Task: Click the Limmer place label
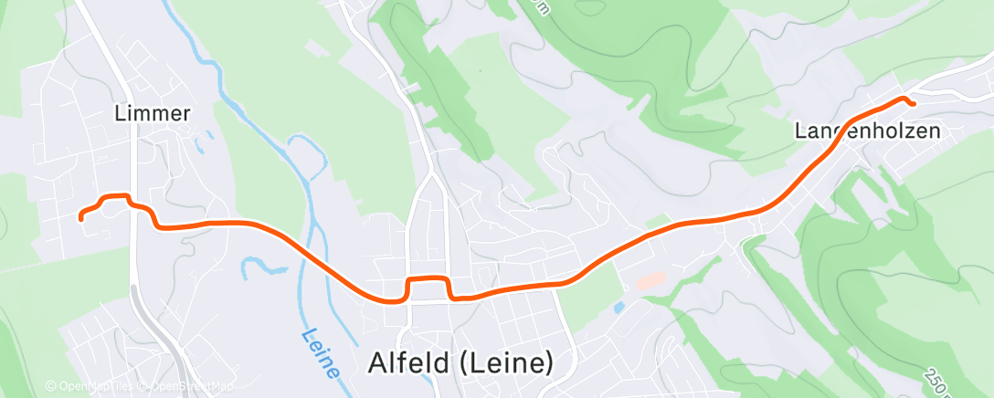[153, 114]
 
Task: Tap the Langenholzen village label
[866, 131]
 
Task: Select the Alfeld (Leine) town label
[460, 362]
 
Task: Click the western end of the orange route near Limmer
[81, 217]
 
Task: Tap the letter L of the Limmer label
[121, 114]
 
